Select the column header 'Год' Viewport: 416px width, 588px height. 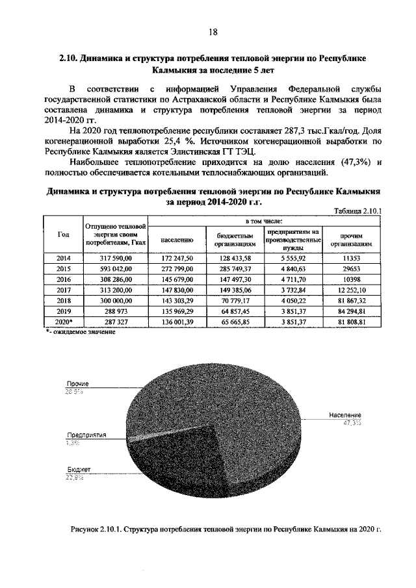pyautogui.click(x=62, y=235)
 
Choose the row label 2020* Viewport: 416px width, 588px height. pyautogui.click(x=63, y=321)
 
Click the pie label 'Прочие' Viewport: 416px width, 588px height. pyautogui.click(x=76, y=385)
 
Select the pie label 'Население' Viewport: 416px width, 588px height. pyautogui.click(x=344, y=415)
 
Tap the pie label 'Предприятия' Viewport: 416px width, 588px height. pyautogui.click(x=86, y=435)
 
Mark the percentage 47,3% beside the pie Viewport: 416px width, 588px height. pyautogui.click(x=352, y=423)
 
